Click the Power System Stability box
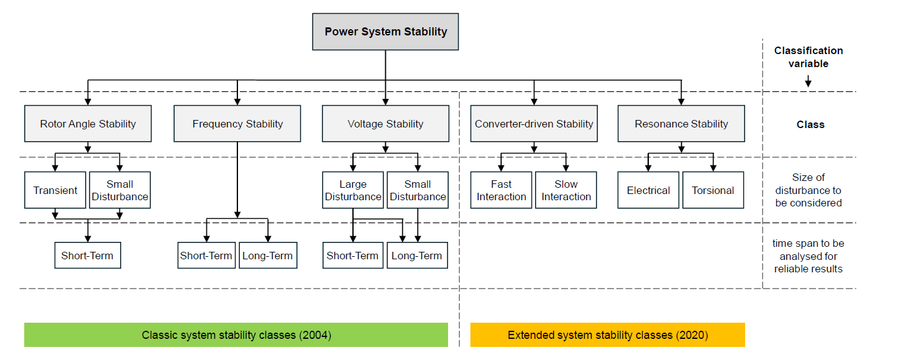[385, 32]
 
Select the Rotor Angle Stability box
[88, 124]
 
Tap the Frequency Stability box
[237, 124]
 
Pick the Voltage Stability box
[385, 124]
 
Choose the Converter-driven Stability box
[534, 124]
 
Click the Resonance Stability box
[681, 124]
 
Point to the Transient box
[55, 190]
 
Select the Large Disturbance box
[352, 190]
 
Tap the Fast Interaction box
[502, 190]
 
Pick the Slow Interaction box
[566, 190]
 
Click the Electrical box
[648, 190]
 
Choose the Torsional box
[713, 190]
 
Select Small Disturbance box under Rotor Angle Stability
[119, 190]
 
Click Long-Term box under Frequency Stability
[268, 256]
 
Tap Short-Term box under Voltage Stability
[352, 256]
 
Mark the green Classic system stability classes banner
[236, 335]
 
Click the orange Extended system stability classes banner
[607, 335]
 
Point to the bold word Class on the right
[810, 124]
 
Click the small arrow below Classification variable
[808, 81]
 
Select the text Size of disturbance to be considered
[809, 190]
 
